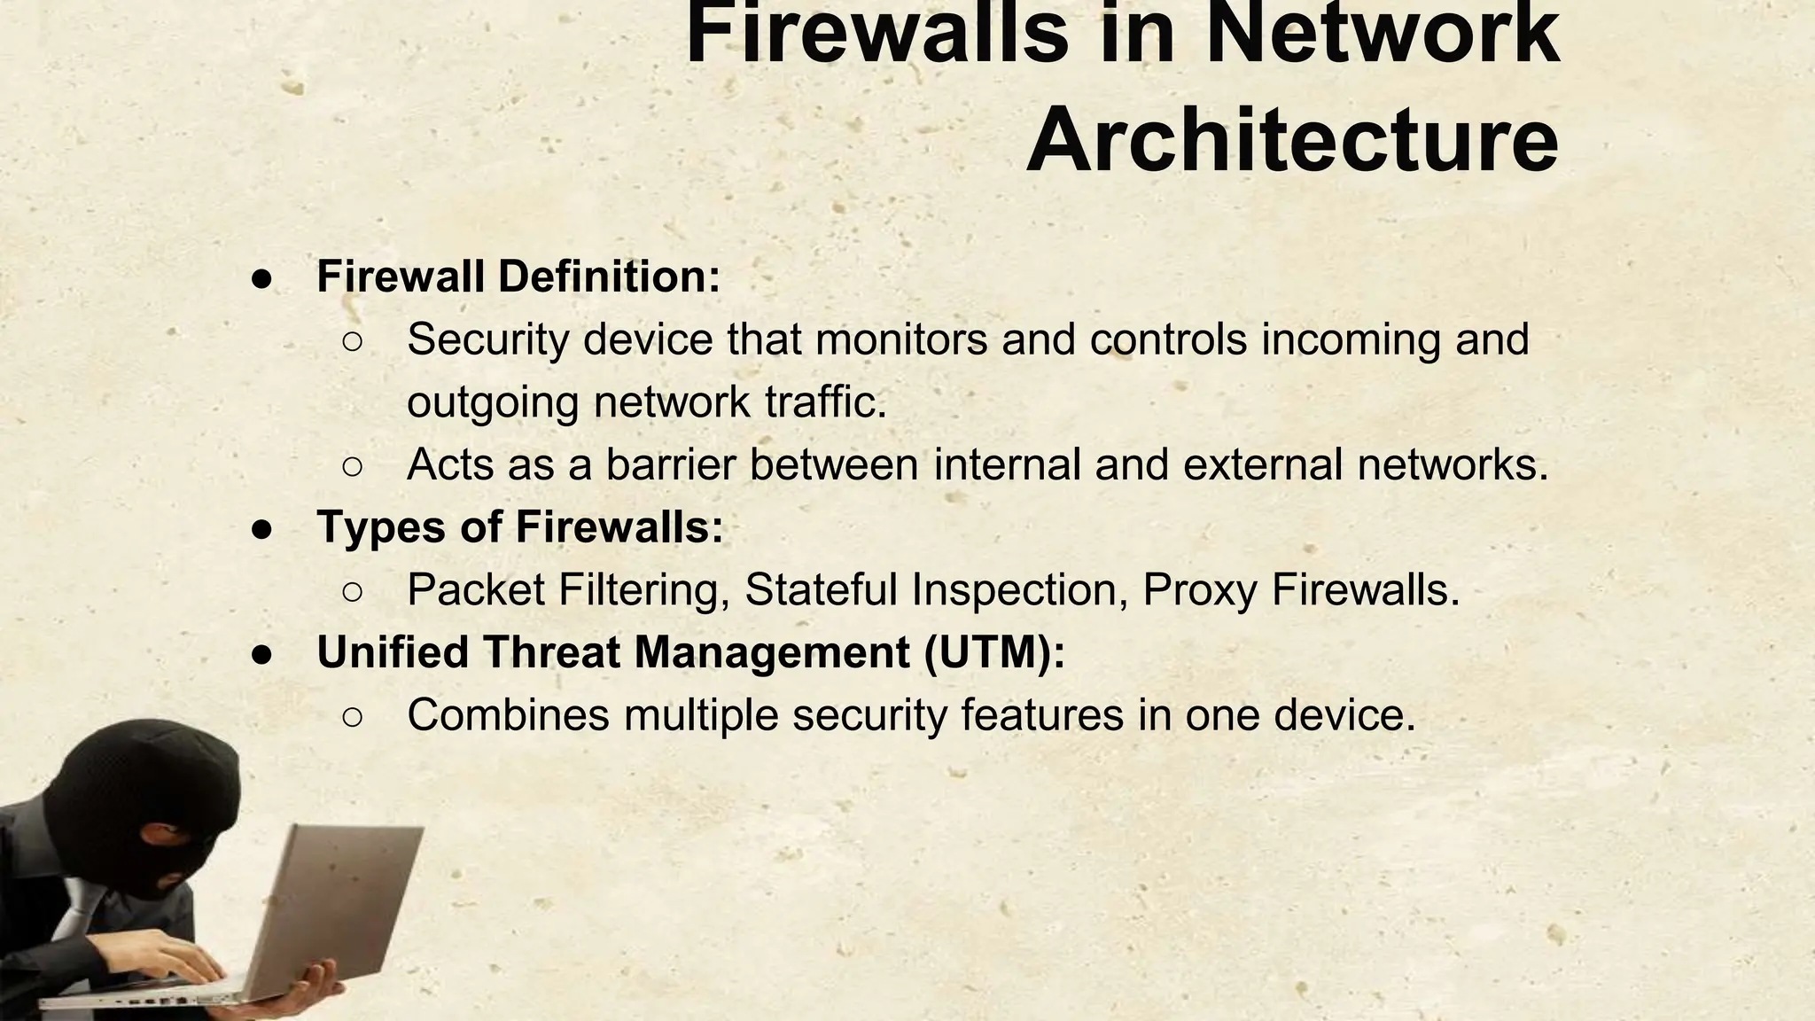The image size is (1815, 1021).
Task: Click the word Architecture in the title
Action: click(1292, 142)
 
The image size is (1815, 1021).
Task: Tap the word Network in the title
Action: click(1383, 34)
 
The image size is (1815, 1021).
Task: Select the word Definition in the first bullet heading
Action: click(609, 277)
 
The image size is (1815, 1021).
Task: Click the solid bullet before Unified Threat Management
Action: click(261, 654)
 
